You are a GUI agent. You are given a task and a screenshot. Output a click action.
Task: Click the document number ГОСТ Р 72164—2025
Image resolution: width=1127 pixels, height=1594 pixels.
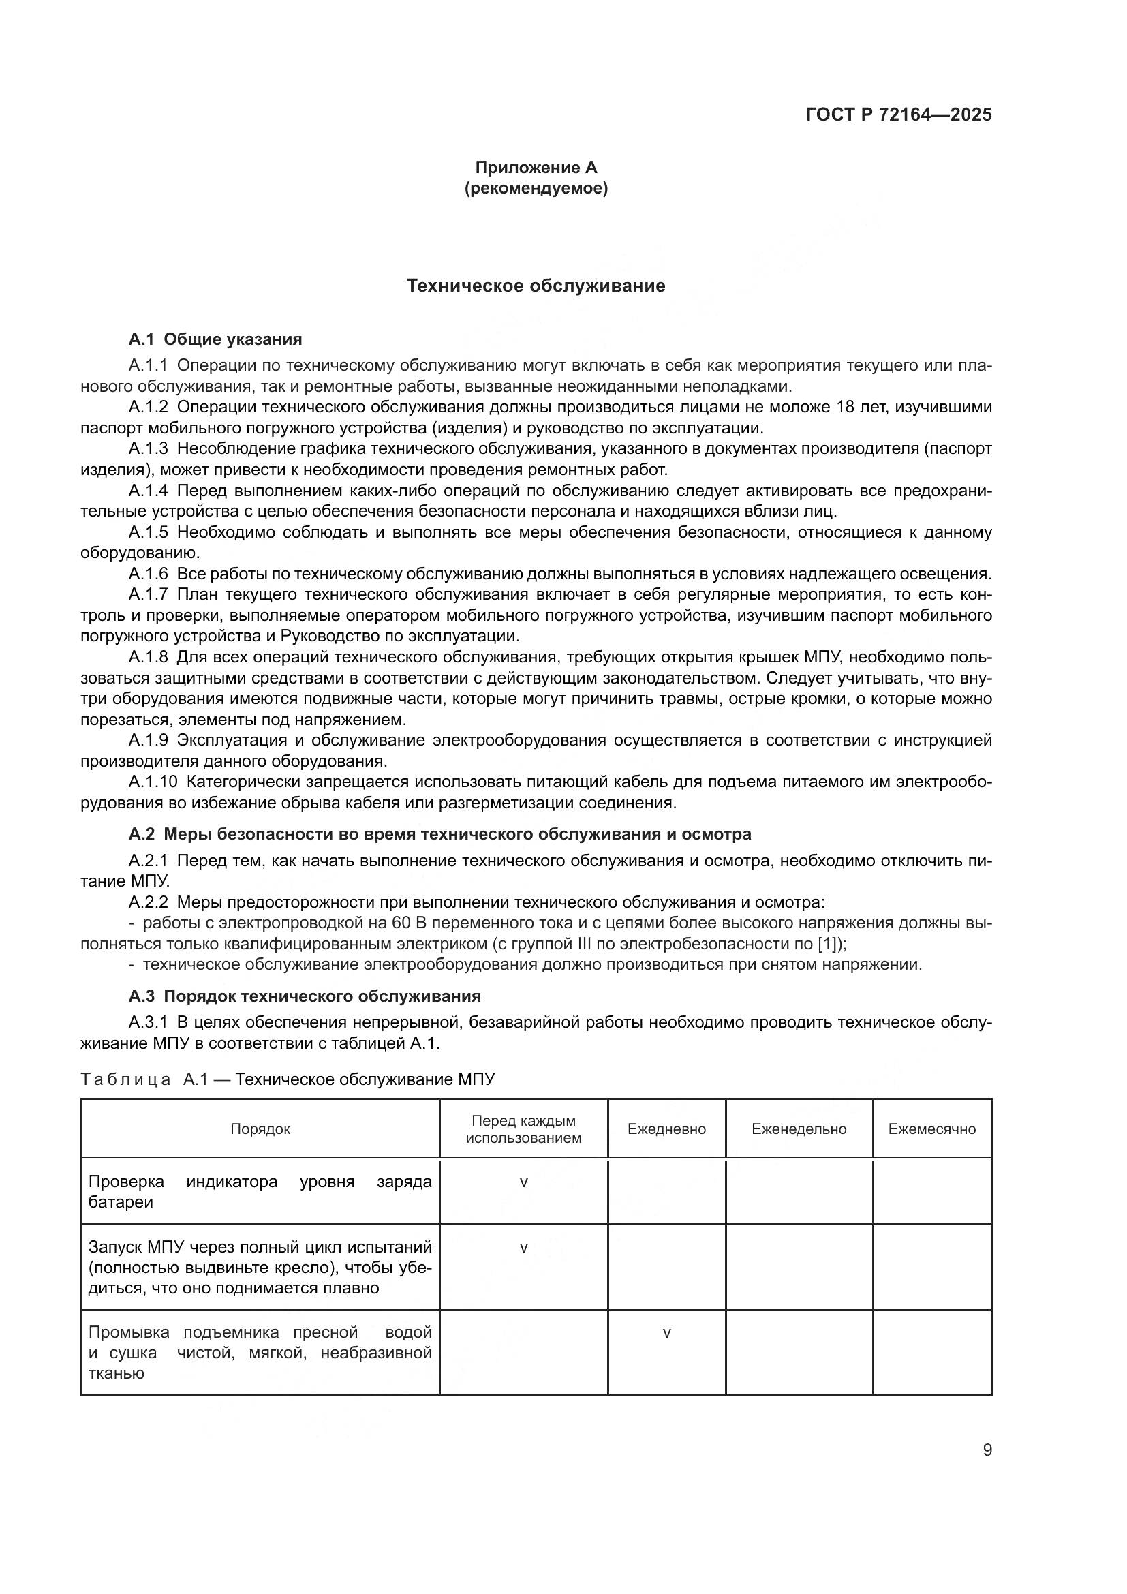coord(899,114)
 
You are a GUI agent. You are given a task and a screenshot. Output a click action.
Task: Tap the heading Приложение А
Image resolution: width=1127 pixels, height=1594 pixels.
coord(536,168)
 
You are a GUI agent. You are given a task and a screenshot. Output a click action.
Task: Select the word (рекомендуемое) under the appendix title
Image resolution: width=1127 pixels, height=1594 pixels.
coord(536,189)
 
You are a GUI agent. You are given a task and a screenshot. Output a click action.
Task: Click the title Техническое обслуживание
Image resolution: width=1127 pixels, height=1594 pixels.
coord(536,286)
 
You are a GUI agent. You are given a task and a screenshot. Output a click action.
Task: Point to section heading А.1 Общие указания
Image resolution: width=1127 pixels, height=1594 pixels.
coord(215,339)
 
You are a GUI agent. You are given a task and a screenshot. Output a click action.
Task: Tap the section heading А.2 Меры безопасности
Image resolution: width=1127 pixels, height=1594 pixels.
coord(439,833)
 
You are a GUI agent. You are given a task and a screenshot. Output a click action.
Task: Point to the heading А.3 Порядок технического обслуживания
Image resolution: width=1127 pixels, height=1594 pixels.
coord(305,996)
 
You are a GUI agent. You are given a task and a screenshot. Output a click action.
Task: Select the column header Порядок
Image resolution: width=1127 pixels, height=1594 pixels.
coord(260,1129)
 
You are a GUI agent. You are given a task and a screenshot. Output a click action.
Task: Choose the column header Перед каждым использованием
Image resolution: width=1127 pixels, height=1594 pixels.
coord(523,1129)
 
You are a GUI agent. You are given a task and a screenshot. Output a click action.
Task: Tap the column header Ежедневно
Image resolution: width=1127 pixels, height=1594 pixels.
coord(666,1129)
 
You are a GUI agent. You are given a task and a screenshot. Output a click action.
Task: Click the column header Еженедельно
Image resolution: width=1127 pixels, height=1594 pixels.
coord(799,1129)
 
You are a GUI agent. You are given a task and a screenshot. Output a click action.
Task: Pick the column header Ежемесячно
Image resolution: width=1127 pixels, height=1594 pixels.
coord(931,1129)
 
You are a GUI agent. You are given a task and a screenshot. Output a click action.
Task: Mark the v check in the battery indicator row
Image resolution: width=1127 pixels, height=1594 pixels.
coord(523,1182)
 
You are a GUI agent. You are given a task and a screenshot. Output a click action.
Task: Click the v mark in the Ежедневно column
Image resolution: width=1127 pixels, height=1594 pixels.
coord(666,1333)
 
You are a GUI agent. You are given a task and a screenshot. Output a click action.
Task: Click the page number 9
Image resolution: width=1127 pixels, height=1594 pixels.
coord(987,1450)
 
